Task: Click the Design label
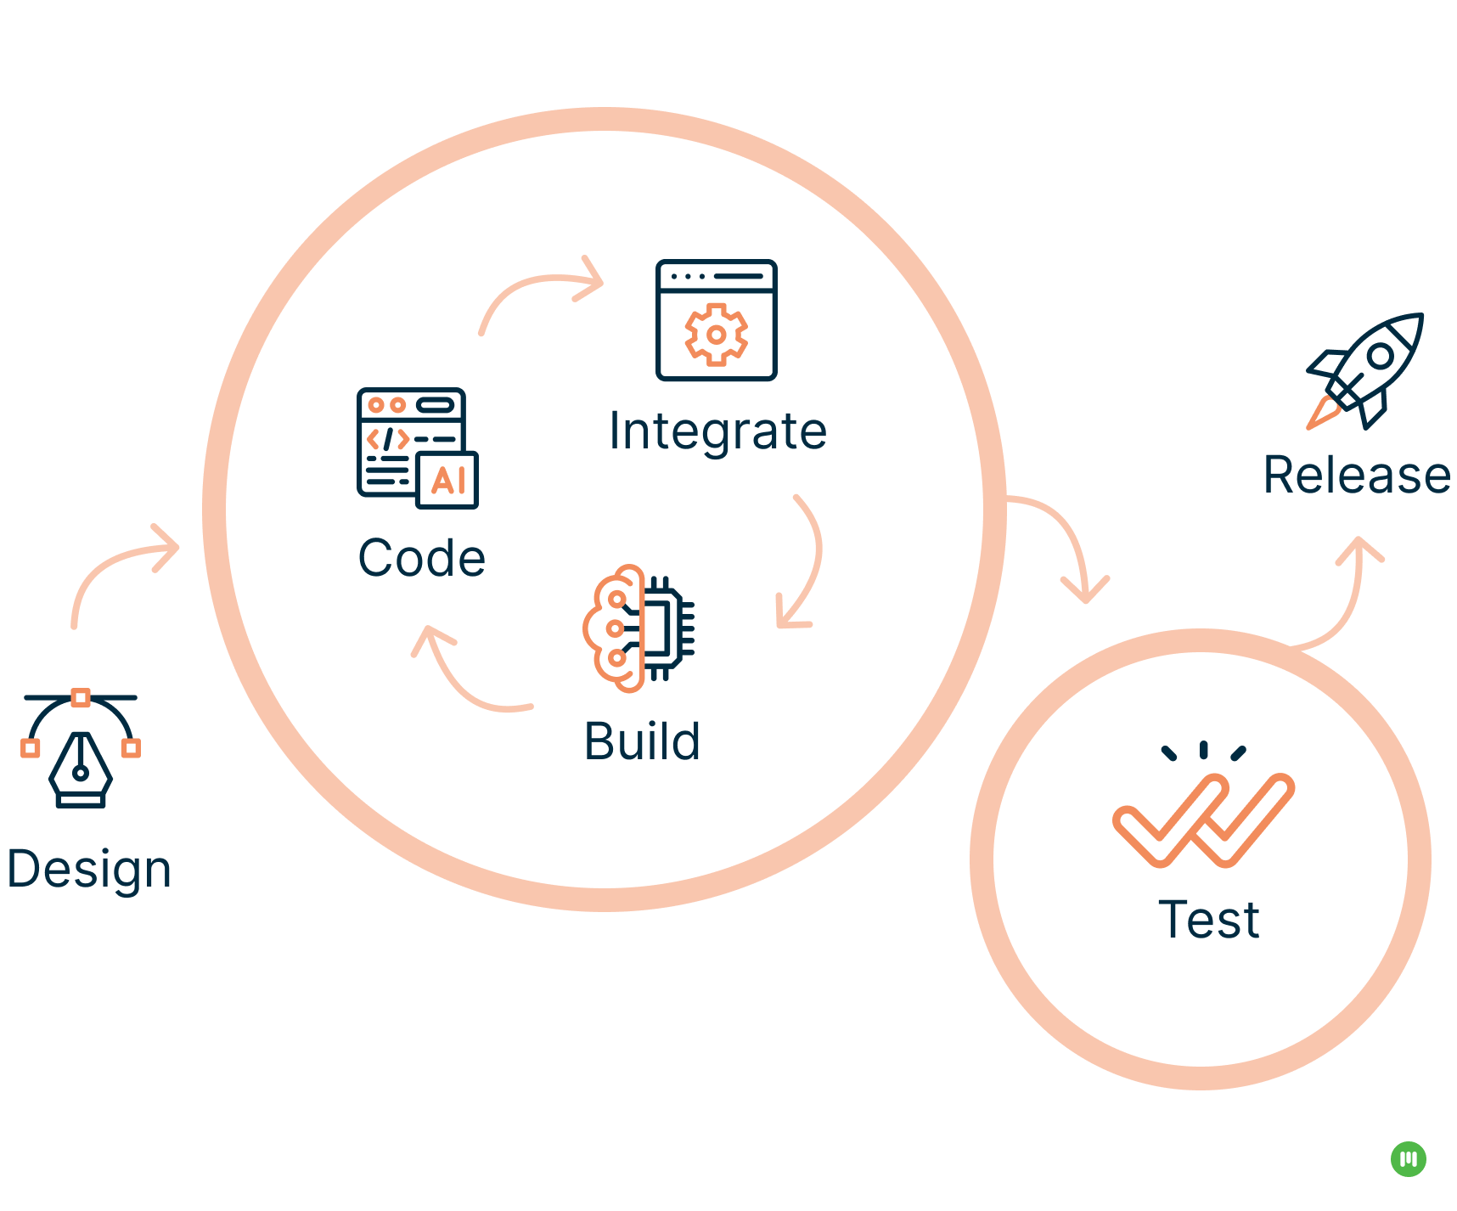click(x=89, y=870)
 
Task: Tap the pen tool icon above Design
click(x=81, y=748)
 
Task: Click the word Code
click(x=422, y=558)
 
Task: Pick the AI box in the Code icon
click(x=447, y=481)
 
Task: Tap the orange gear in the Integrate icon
click(x=717, y=335)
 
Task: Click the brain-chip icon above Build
click(x=639, y=628)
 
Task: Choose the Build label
click(x=643, y=741)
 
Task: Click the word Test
click(x=1209, y=920)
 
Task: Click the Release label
click(x=1357, y=475)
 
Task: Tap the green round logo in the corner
click(x=1409, y=1159)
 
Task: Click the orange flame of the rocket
click(x=1322, y=413)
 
